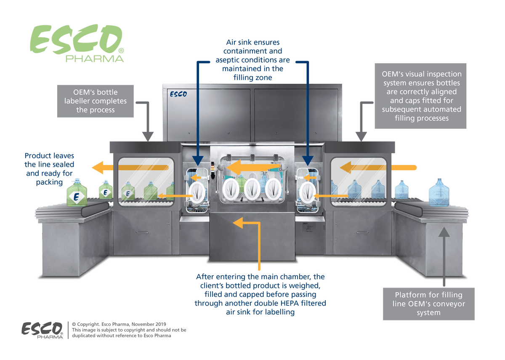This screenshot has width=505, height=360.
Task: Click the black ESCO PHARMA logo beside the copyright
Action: pos(43,330)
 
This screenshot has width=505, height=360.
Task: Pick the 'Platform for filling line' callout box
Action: pos(428,304)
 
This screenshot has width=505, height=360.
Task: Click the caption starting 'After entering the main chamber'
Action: pos(260,295)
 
